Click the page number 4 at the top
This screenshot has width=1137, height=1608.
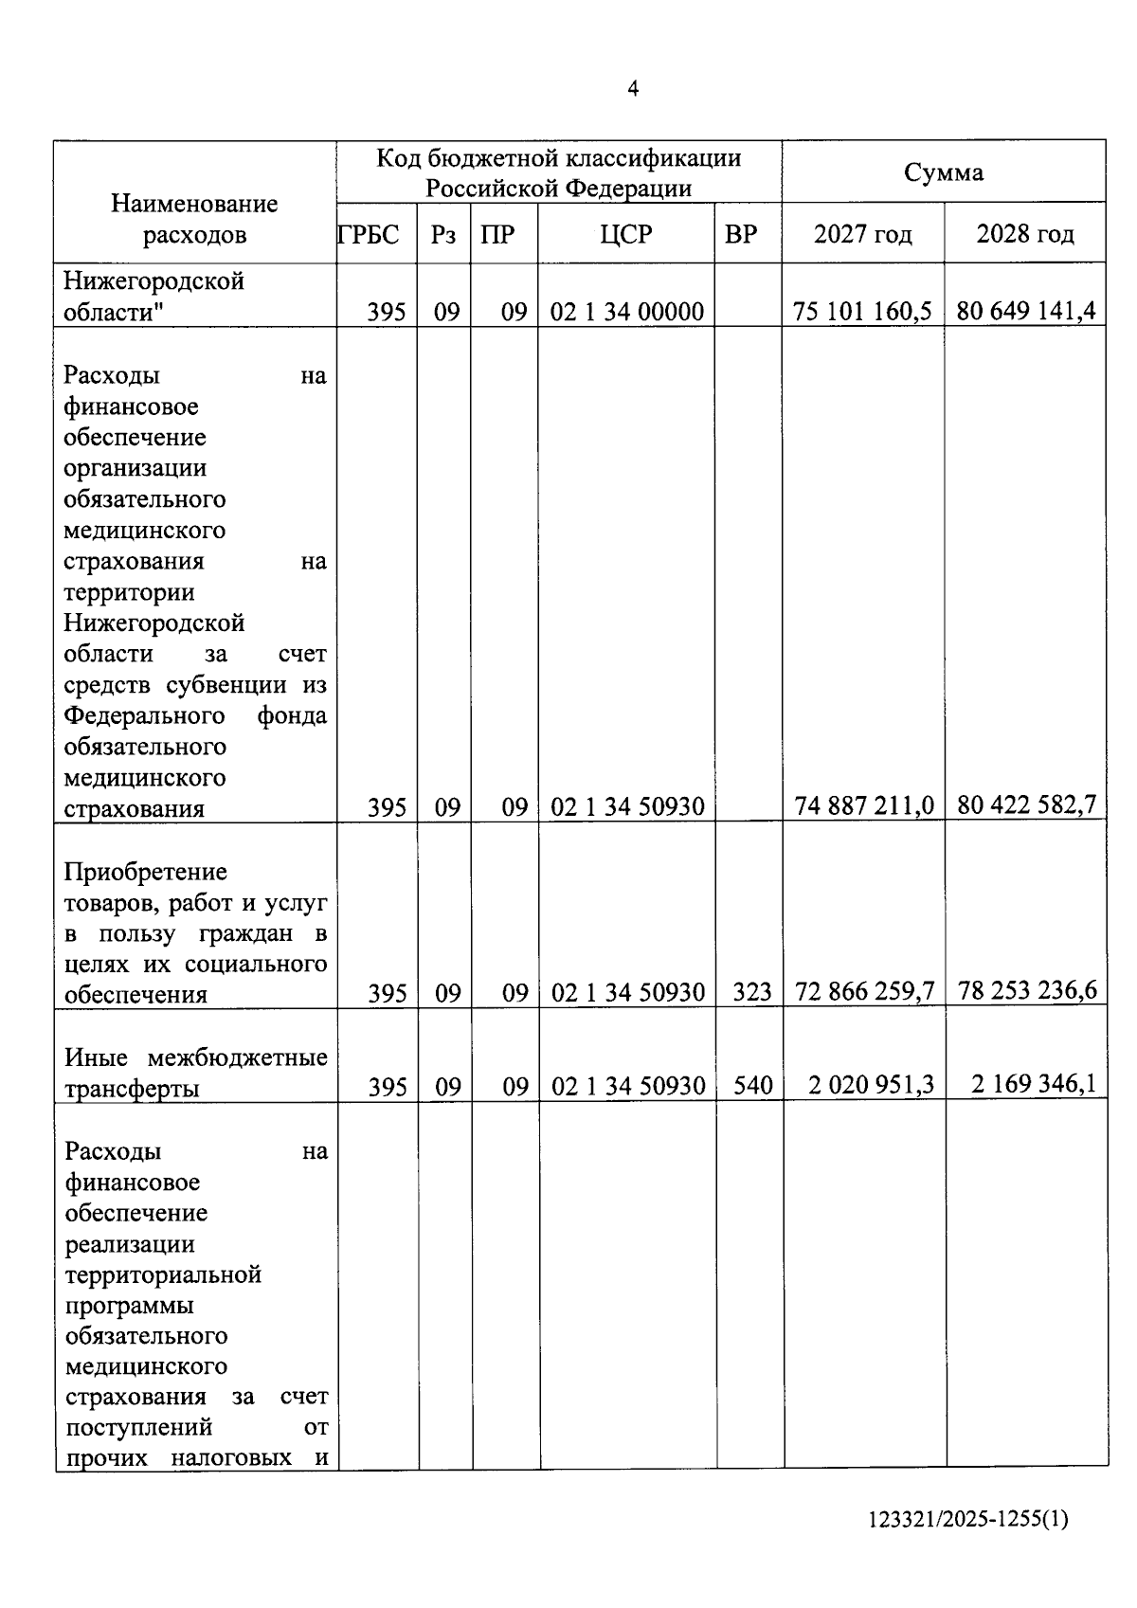(633, 89)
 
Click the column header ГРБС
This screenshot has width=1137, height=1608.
(369, 234)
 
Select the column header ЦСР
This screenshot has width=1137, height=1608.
(626, 234)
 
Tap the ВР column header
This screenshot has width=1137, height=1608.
(741, 234)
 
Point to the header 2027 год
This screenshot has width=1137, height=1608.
(862, 234)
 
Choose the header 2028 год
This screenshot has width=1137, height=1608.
(1025, 234)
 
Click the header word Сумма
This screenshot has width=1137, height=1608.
(944, 172)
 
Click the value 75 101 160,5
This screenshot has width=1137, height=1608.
(862, 311)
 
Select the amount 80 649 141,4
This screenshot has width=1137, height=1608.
(1026, 311)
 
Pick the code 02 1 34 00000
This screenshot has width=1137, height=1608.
(626, 312)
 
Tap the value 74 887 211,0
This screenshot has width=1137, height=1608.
(864, 806)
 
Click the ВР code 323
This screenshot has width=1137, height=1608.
(752, 993)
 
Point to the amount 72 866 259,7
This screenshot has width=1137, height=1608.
(864, 992)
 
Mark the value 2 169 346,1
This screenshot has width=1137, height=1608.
(1034, 1083)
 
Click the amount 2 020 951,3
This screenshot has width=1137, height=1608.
(871, 1084)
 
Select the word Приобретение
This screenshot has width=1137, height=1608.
(146, 872)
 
